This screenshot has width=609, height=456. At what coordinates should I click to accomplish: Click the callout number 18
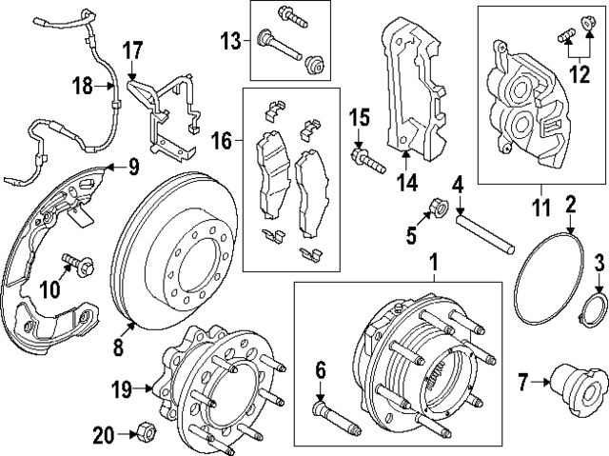(x=83, y=87)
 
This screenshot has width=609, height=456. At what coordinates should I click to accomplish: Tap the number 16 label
(x=221, y=142)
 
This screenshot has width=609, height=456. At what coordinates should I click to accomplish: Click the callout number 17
(x=131, y=48)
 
